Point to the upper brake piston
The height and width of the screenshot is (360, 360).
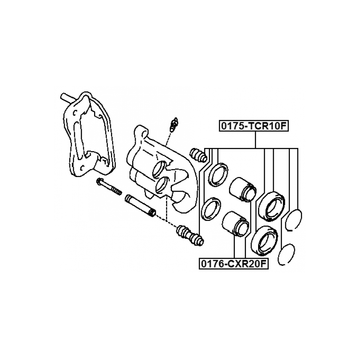(x=242, y=188)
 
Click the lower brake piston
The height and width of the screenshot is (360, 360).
(x=234, y=224)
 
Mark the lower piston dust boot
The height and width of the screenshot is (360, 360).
(x=264, y=240)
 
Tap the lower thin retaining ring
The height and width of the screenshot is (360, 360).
(x=286, y=255)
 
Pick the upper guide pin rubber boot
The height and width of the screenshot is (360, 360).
(x=198, y=155)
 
